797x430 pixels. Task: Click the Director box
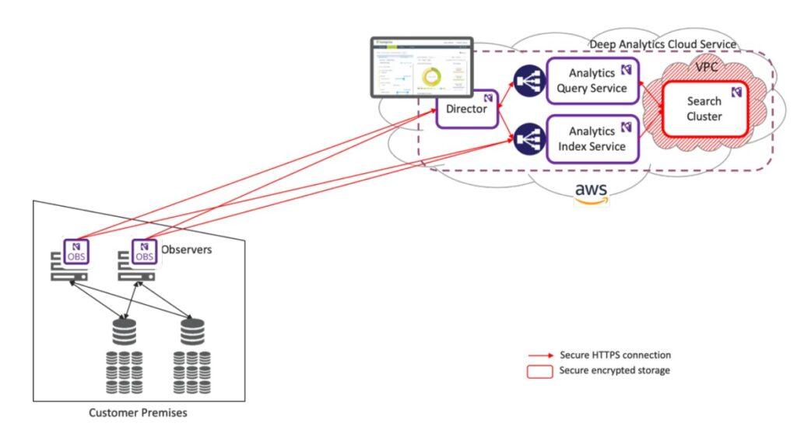[466, 109]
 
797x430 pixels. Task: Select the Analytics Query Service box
[592, 80]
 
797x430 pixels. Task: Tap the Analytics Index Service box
[592, 138]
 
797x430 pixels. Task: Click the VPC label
[707, 68]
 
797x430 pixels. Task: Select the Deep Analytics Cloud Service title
[662, 45]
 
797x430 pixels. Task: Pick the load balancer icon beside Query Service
[528, 80]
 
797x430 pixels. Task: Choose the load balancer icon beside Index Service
[528, 138]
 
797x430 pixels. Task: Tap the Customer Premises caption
[139, 413]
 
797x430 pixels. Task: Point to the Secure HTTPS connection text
[615, 355]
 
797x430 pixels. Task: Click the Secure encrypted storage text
[614, 371]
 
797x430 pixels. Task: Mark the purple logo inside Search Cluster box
[736, 92]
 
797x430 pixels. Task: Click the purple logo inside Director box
[487, 98]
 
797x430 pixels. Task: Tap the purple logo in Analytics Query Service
[626, 70]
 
